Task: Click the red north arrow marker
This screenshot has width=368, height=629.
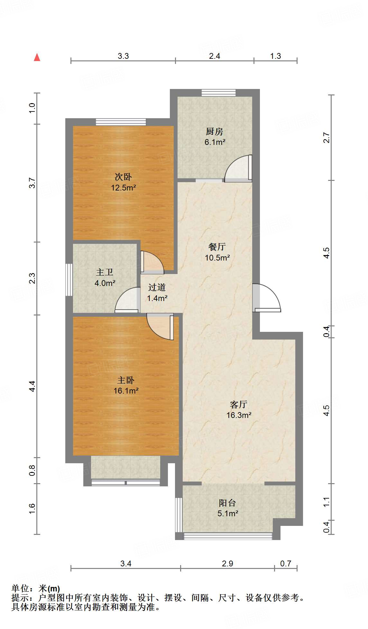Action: (37, 57)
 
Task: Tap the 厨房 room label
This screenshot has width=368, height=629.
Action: (215, 131)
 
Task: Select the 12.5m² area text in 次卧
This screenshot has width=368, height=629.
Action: (124, 188)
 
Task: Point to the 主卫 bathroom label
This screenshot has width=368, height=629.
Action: (105, 272)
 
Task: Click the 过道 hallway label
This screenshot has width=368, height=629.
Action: (157, 287)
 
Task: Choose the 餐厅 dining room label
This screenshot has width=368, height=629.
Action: (217, 247)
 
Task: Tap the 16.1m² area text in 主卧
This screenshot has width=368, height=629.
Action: (126, 391)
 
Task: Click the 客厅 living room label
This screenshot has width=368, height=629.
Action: (239, 404)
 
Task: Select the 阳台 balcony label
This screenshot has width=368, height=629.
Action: (227, 503)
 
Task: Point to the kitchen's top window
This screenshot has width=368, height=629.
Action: (219, 93)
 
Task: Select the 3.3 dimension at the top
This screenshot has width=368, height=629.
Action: (123, 56)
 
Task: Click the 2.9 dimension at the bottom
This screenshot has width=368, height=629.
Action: (227, 563)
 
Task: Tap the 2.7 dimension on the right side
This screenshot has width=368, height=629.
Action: (327, 137)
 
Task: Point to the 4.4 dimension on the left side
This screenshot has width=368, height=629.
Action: (32, 386)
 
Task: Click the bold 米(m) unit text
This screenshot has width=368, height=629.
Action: (49, 589)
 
